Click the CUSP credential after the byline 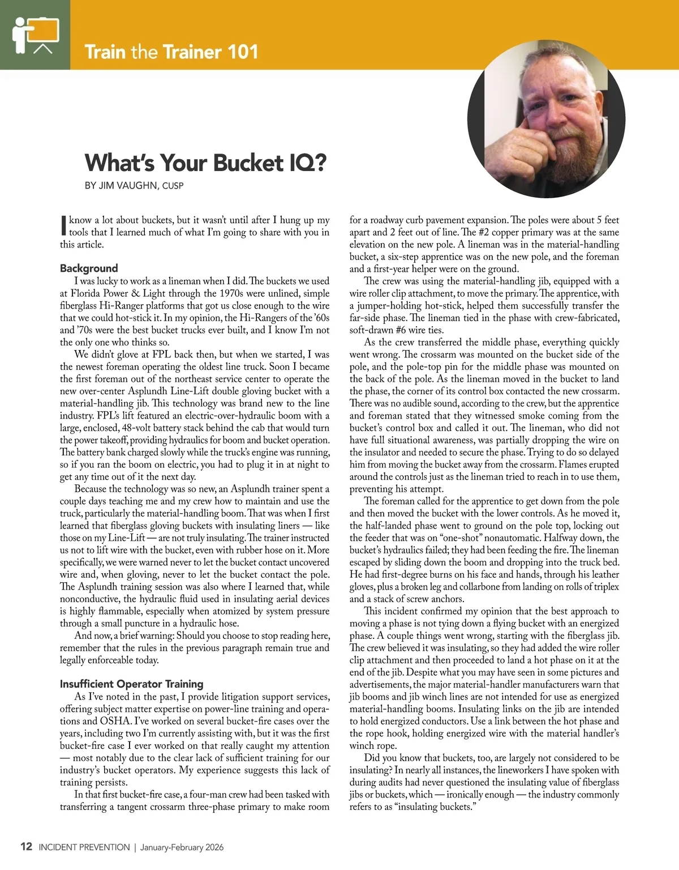pos(173,186)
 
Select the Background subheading pos(89,268)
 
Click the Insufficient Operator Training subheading pos(131,684)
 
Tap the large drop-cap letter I pos(63,225)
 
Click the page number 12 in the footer pos(26,847)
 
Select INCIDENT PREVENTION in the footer pos(84,847)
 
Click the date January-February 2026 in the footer pos(182,847)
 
